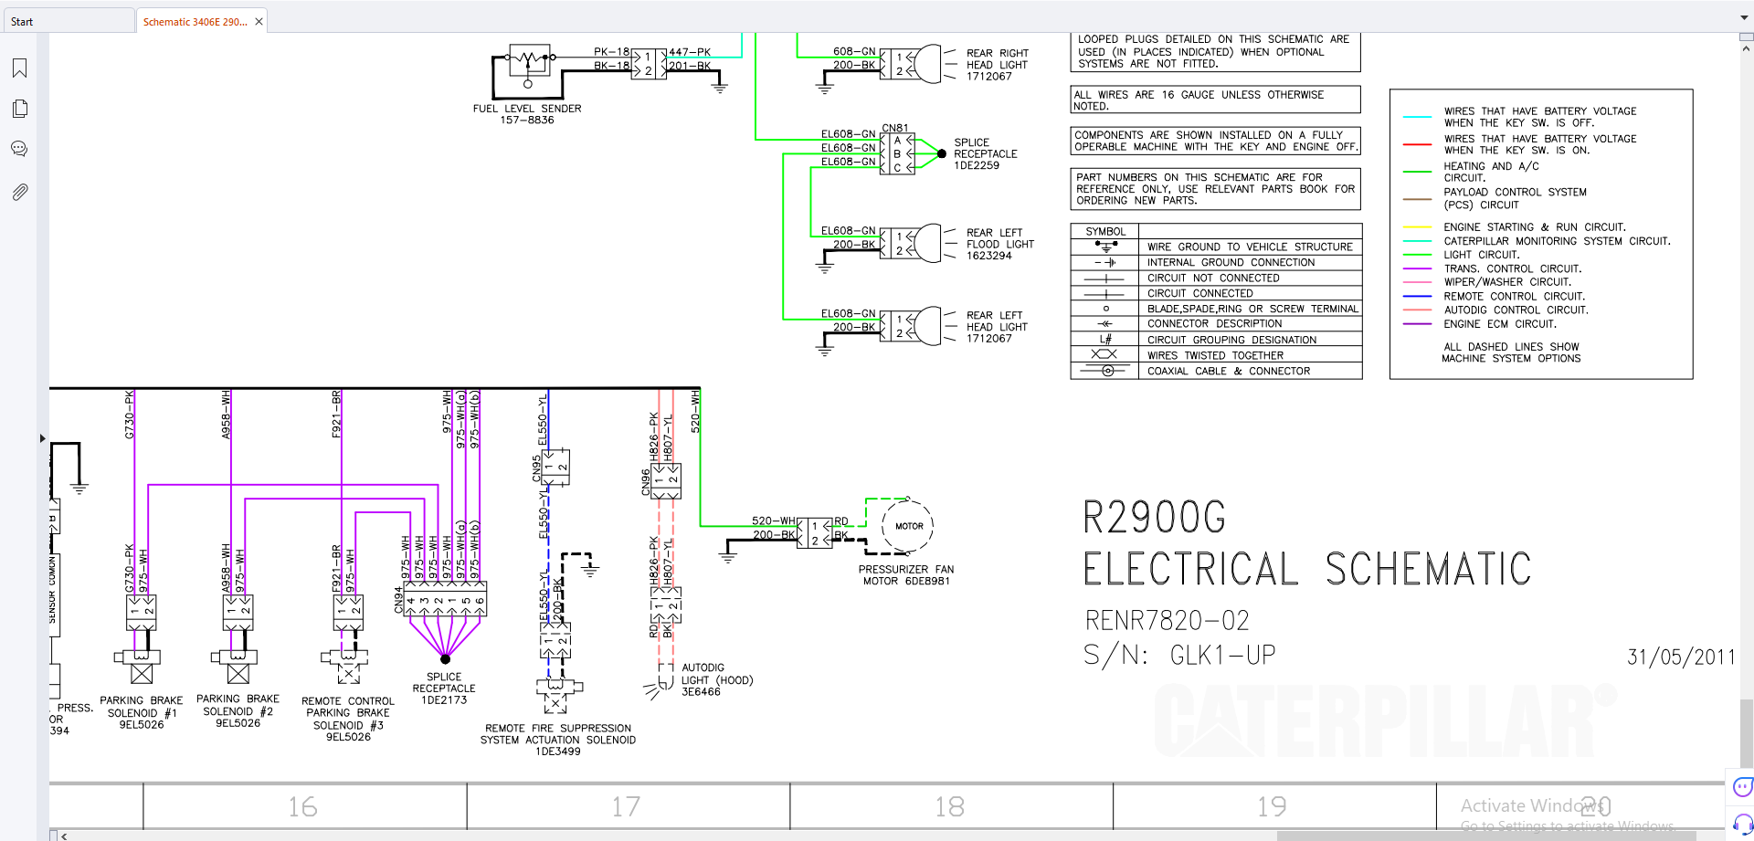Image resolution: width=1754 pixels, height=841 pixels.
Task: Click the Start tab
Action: click(23, 22)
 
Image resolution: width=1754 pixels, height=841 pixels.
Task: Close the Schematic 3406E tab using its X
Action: click(259, 22)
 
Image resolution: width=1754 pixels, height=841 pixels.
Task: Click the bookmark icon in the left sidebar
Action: click(19, 68)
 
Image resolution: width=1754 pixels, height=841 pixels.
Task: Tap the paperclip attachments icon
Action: click(19, 192)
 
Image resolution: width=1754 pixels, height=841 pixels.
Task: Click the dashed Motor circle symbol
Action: click(908, 526)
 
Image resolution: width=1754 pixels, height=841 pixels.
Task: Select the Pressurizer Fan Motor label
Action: click(905, 575)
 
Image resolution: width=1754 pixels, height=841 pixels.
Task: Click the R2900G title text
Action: click(1155, 518)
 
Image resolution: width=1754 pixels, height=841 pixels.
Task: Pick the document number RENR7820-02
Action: click(1167, 621)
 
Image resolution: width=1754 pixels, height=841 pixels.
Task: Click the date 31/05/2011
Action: click(1681, 657)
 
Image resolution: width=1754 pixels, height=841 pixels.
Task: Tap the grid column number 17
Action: click(626, 806)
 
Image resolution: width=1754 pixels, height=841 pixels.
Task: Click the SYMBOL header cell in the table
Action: click(1105, 232)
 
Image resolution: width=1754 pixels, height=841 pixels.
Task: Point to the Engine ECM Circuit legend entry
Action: click(1499, 324)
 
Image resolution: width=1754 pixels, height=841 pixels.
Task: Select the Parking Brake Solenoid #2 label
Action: click(238, 711)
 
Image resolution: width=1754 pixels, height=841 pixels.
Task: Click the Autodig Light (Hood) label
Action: click(716, 680)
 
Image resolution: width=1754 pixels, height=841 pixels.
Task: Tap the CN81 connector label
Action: click(895, 128)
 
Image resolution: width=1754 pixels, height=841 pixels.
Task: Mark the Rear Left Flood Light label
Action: click(999, 245)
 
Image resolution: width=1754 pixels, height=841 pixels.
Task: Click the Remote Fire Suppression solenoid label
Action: click(557, 740)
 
